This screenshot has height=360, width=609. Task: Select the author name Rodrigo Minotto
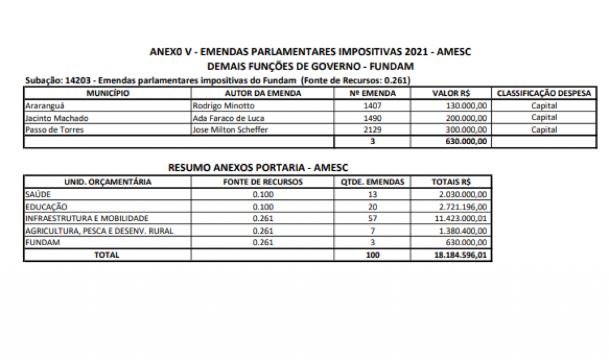pyautogui.click(x=224, y=106)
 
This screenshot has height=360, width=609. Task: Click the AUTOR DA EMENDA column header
pyautogui.click(x=263, y=93)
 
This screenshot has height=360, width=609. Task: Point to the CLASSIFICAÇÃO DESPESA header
pyautogui.click(x=544, y=93)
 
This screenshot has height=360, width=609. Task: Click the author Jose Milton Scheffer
pyautogui.click(x=230, y=130)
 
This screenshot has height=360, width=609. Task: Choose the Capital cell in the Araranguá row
pyautogui.click(x=544, y=106)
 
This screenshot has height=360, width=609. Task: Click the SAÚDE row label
pyautogui.click(x=38, y=195)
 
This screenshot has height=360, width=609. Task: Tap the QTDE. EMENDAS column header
pyautogui.click(x=373, y=182)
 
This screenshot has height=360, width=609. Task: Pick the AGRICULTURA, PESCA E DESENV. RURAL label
pyautogui.click(x=99, y=231)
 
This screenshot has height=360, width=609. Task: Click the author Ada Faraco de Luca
pyautogui.click(x=228, y=118)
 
